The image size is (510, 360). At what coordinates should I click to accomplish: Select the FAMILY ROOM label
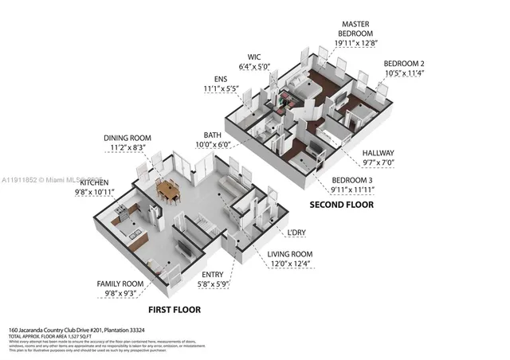(120, 283)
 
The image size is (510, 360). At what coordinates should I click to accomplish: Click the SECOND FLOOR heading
(342, 205)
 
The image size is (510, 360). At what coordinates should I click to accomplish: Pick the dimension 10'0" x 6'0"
(211, 144)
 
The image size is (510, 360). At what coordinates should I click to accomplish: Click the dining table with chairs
(167, 190)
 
